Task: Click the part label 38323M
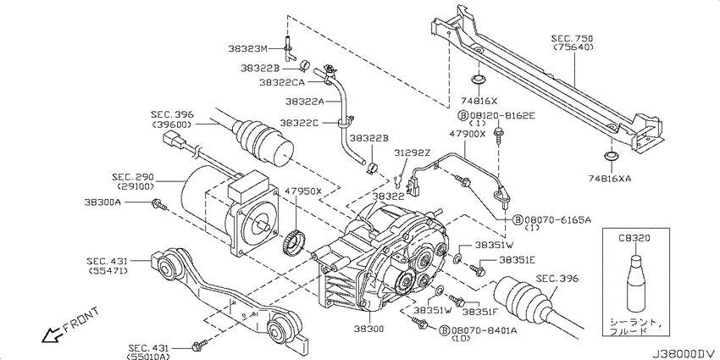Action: [x=247, y=48]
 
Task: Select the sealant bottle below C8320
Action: [x=636, y=283]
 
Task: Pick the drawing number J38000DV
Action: [x=685, y=352]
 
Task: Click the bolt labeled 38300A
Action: [x=159, y=204]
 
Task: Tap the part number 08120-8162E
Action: [x=501, y=115]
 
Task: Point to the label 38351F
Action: [x=480, y=313]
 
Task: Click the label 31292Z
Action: [x=412, y=151]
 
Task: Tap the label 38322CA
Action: [x=280, y=82]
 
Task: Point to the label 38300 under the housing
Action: [x=369, y=330]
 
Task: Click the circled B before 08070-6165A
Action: [x=517, y=220]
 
